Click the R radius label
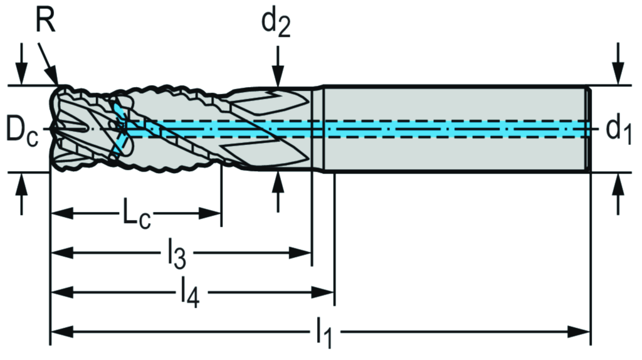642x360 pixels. (x=45, y=20)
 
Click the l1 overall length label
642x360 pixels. (x=324, y=332)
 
